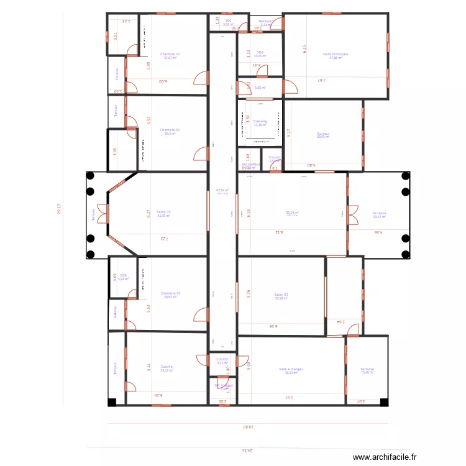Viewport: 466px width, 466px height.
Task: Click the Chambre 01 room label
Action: pos(170,55)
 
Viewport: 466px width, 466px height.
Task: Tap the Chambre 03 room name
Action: pos(170,294)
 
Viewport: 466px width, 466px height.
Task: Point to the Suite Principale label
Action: pos(336,55)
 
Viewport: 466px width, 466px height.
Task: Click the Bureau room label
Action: pos(322,134)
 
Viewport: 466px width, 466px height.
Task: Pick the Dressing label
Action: pos(260,122)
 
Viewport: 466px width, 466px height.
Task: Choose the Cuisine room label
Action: pos(167,367)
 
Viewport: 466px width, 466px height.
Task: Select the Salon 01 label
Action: pos(281,295)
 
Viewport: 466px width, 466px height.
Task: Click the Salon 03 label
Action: pos(163,212)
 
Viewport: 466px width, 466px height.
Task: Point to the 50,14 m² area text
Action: pos(292,212)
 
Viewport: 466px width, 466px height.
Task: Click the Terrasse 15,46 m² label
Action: pos(367,370)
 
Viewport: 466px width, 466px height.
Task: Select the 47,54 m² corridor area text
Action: pos(222,191)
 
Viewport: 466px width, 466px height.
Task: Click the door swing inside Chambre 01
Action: pos(201,78)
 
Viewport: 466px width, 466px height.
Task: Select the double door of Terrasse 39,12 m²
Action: pos(353,214)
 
